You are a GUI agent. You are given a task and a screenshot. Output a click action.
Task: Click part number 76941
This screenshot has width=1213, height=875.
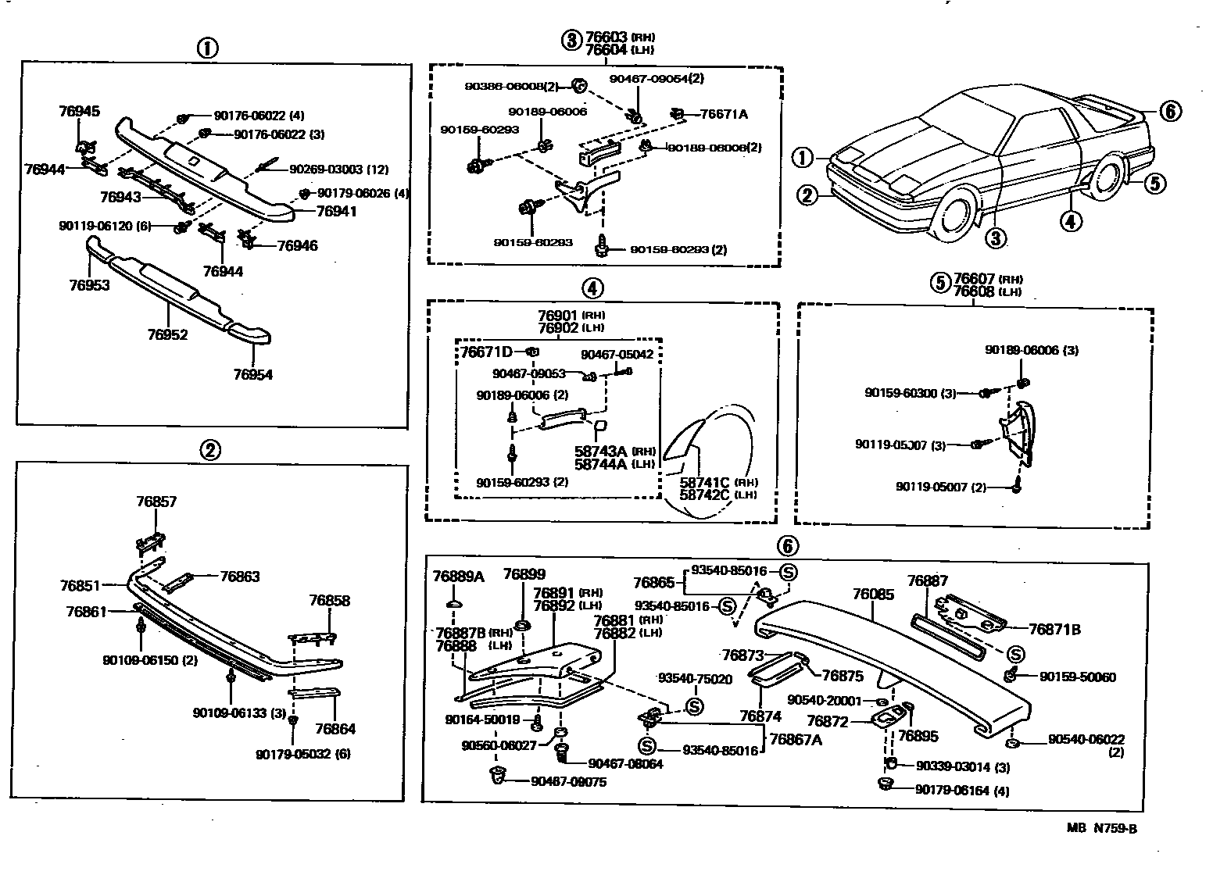coord(336,211)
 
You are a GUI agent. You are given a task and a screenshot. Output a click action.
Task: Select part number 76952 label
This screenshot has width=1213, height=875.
coord(167,335)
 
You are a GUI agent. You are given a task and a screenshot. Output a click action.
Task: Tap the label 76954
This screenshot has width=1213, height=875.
coord(252,375)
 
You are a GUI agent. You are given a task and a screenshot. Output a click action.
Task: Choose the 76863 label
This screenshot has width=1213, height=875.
coord(240,577)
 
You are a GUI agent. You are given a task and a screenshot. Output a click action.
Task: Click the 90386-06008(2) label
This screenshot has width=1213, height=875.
coord(508,86)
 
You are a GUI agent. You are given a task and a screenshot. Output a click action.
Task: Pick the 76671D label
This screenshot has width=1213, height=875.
coord(485,353)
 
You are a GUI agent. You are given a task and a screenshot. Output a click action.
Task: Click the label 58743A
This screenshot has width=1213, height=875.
coord(601,452)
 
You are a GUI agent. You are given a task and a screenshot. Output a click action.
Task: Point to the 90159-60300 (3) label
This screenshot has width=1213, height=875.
coord(911,393)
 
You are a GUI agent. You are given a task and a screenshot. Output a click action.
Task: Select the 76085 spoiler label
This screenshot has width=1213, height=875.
coord(872,595)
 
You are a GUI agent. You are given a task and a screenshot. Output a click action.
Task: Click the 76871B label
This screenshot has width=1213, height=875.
coord(1054,629)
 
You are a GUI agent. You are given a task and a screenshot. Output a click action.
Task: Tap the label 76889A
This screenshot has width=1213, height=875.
coord(459,577)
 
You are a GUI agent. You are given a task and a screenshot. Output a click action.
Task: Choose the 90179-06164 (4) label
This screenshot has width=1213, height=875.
coord(962,791)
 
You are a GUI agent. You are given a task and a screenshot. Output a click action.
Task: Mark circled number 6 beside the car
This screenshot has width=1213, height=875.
coord(1168,112)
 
